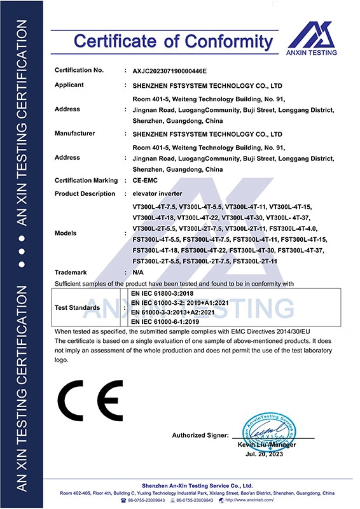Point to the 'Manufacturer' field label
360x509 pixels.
[x=74, y=134]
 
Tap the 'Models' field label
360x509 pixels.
[x=66, y=234]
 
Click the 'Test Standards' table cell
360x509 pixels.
[x=77, y=307]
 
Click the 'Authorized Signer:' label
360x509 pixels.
[x=200, y=435]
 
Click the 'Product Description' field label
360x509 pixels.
[x=85, y=193]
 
